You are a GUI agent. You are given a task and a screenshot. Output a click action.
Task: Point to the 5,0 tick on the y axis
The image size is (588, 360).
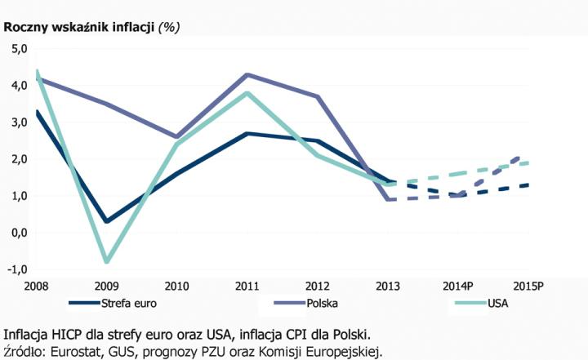(19, 49)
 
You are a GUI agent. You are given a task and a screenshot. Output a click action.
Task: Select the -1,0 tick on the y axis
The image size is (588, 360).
(17, 269)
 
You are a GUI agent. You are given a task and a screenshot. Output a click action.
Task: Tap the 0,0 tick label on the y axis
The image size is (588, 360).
(19, 233)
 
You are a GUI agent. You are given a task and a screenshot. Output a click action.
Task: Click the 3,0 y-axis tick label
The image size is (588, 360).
(19, 122)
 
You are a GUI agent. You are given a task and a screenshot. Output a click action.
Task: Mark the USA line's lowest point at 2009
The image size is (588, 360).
(107, 262)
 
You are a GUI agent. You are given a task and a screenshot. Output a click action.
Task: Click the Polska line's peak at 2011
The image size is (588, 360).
(248, 75)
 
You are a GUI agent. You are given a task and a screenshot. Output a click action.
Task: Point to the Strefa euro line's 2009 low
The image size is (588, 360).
(107, 221)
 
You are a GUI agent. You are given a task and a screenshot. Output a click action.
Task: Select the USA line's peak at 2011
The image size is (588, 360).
(248, 93)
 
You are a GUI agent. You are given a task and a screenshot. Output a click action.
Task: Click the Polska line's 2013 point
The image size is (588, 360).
(390, 199)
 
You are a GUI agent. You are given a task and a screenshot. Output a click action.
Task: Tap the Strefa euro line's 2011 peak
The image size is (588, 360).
(248, 133)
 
